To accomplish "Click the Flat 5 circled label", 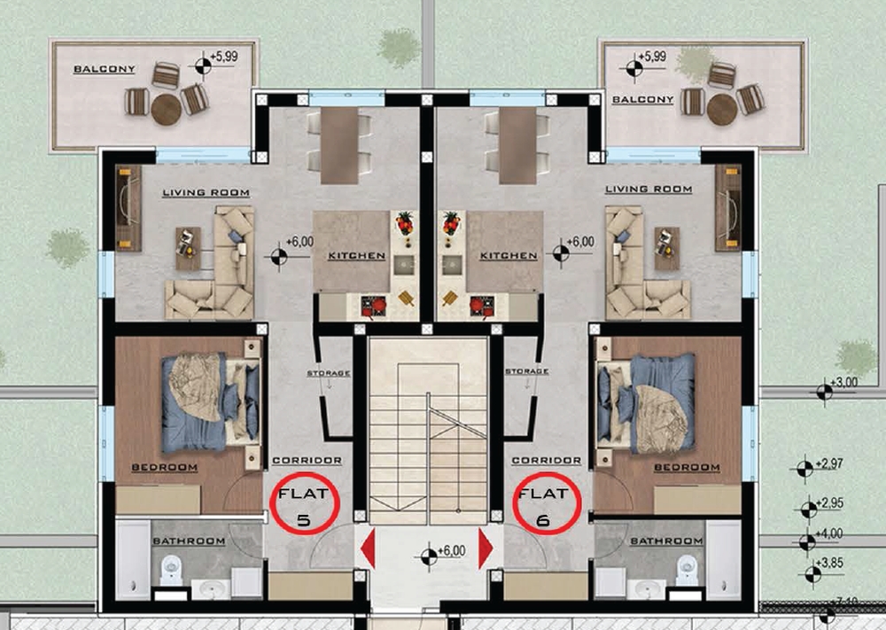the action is pos(304,503).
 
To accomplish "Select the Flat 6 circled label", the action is pos(547,503).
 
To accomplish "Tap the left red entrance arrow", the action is pos(368,548).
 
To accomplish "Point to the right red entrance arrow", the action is pos(486,548).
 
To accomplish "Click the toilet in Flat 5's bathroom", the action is pos(171,570).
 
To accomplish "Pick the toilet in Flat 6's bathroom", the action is pos(687,570).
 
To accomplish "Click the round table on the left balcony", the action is pos(167,109).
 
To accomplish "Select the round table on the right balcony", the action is pos(722,109).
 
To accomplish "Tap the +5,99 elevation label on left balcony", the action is pos(224,57).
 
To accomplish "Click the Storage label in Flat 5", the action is pos(329,373).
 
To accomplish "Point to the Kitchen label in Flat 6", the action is pos(508,256).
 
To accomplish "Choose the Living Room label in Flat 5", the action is pos(206,192).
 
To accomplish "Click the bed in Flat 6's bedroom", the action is pos(647,403).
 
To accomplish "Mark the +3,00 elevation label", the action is pos(846,383).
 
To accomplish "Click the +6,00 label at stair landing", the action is pos(452,551).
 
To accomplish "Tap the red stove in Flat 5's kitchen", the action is pos(374,307).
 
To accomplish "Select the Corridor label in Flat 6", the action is pos(547,461).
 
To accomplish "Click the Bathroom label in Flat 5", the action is pos(189,541).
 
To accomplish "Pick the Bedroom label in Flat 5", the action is pos(165,467).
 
